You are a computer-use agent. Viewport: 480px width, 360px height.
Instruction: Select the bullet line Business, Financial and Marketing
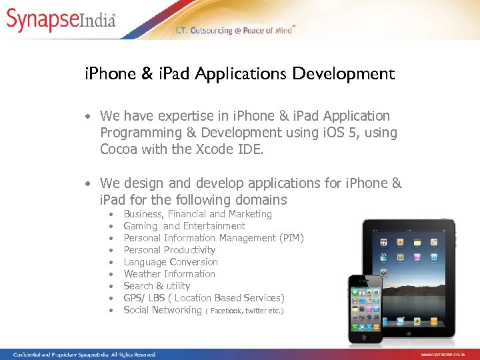pos(197,214)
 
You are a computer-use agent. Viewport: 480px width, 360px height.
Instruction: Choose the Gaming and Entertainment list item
pos(184,226)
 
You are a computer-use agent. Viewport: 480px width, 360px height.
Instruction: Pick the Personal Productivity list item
pos(169,250)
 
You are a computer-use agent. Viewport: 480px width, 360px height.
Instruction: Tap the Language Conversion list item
pos(171,262)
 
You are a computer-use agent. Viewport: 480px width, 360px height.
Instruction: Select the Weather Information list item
pos(169,274)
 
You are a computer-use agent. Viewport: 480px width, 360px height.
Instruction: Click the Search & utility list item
pos(157,286)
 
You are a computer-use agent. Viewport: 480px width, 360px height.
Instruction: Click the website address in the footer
pos(447,355)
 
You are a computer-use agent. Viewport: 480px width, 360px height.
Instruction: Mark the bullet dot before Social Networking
pos(109,310)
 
